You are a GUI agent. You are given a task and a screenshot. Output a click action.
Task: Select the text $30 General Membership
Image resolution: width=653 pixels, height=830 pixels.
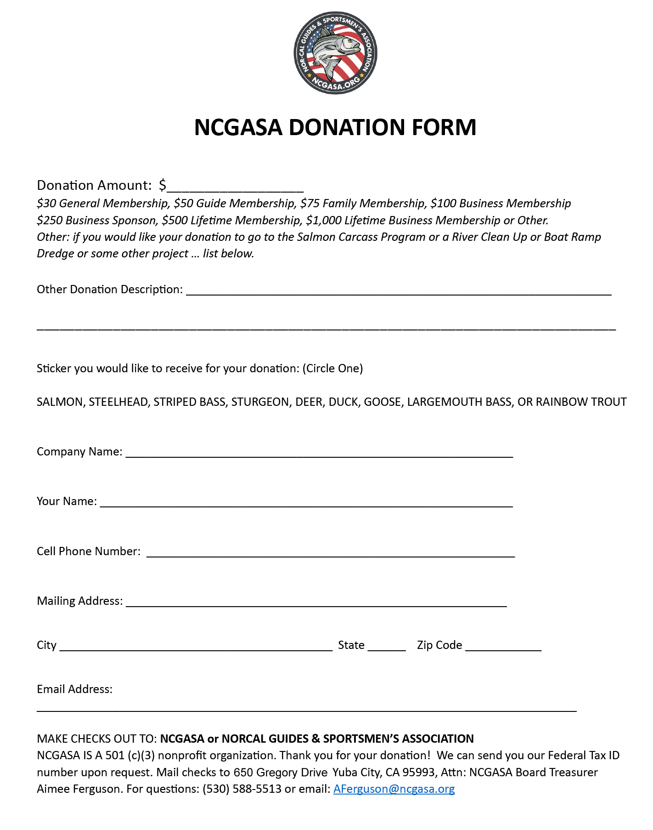103,203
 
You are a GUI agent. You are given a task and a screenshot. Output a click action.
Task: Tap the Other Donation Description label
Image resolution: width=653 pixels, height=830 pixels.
109,289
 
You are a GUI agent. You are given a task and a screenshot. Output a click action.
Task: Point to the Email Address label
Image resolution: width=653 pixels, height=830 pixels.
74,689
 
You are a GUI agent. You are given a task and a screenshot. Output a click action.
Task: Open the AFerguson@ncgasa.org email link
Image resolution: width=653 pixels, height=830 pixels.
394,789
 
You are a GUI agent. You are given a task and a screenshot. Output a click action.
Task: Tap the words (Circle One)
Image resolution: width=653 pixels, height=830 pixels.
332,368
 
